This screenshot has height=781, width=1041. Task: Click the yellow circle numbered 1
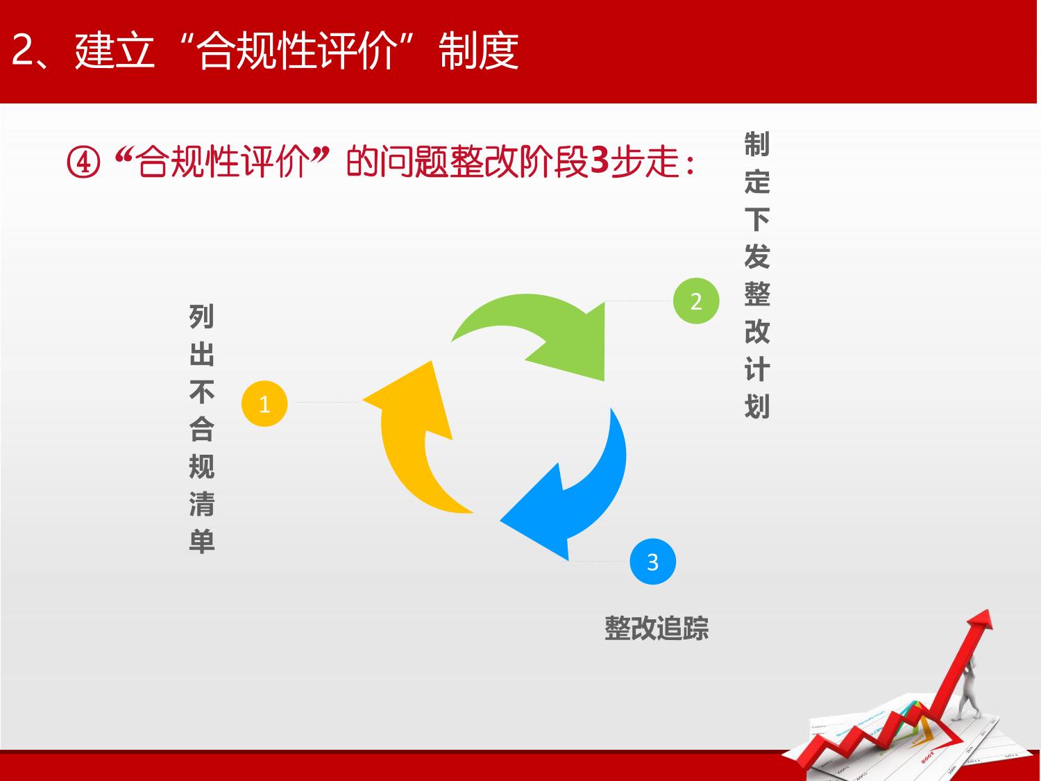(264, 403)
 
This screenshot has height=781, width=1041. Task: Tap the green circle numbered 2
(696, 301)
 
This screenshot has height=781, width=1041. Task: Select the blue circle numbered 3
(652, 562)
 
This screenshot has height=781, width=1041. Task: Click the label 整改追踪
(657, 628)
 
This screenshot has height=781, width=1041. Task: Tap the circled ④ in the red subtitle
(83, 162)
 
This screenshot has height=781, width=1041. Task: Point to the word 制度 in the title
(479, 51)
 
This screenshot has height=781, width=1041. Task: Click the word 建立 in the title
(115, 51)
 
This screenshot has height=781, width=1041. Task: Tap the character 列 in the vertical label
(201, 317)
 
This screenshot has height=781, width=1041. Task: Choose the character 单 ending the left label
(201, 541)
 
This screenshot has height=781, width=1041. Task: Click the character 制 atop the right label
(757, 144)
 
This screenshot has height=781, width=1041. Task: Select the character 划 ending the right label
(757, 406)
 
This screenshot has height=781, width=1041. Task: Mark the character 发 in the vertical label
(757, 257)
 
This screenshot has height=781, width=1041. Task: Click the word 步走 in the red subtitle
(645, 162)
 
